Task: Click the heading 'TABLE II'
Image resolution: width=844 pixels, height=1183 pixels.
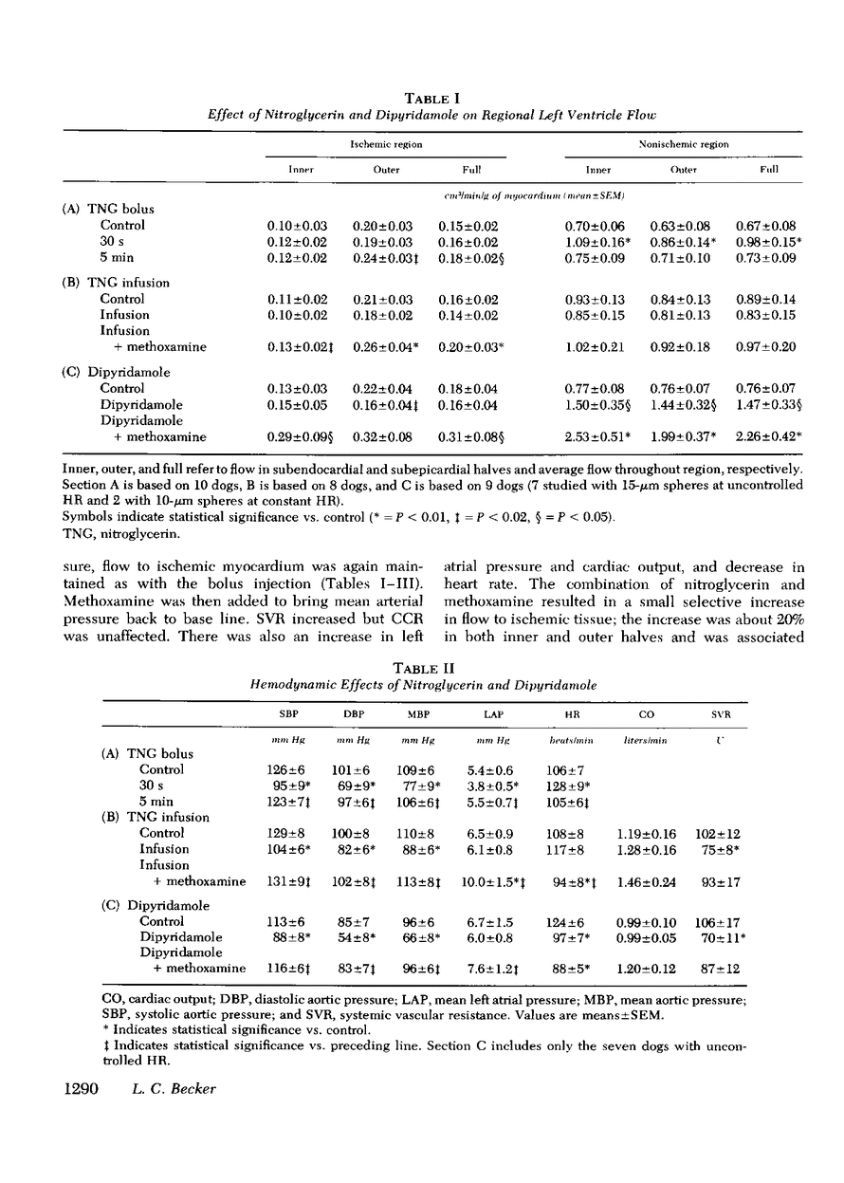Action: tap(433, 667)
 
